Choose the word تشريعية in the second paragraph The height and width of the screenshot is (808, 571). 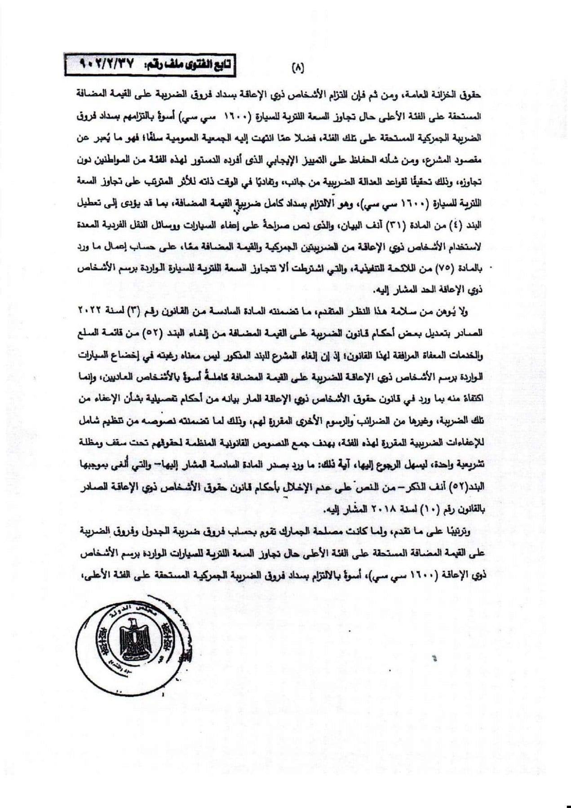click(x=466, y=464)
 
